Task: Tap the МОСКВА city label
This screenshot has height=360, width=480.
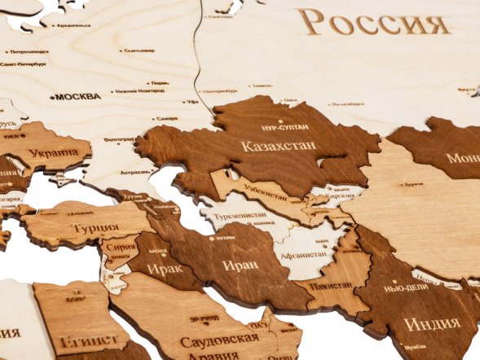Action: [x=78, y=96]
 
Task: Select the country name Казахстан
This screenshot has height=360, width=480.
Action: [x=278, y=147]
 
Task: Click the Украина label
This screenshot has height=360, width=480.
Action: [x=54, y=152]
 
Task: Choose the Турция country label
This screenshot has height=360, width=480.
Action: [x=95, y=228]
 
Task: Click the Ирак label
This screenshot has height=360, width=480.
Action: [x=165, y=268]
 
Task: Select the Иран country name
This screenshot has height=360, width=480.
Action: [x=240, y=265]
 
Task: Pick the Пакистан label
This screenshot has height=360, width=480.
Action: [x=330, y=285]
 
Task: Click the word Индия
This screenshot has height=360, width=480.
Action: [x=431, y=323]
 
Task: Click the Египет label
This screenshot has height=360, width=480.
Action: [x=81, y=340]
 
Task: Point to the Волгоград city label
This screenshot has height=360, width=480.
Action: [x=119, y=139]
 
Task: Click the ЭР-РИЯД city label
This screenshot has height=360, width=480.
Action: [x=204, y=318]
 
